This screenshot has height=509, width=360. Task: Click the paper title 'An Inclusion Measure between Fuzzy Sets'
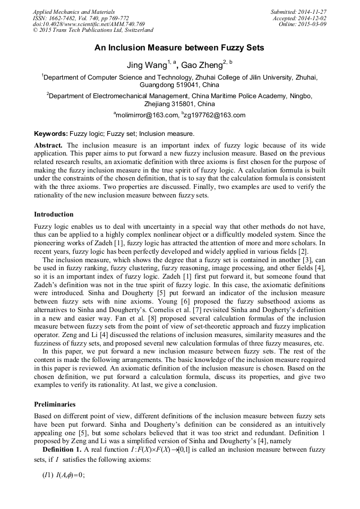click(179, 48)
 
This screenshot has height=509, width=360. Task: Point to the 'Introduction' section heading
click(54, 214)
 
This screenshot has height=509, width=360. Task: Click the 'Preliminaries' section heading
click(55, 404)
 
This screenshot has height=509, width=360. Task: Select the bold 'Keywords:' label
click(52, 134)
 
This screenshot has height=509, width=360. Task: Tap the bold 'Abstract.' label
click(48, 145)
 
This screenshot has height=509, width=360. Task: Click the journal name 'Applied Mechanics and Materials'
click(74, 12)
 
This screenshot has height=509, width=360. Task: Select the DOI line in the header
click(89, 24)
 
